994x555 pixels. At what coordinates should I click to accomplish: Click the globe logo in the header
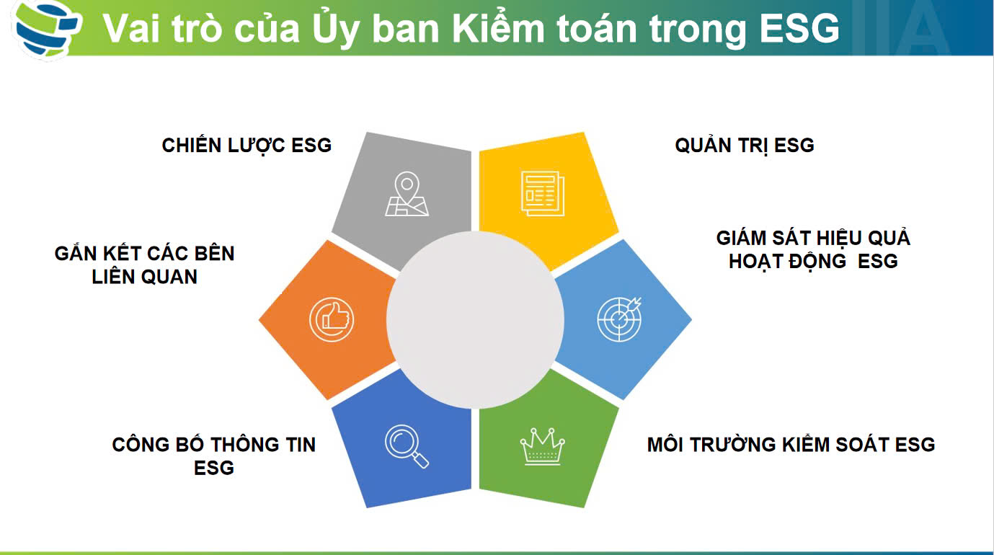[x=47, y=28]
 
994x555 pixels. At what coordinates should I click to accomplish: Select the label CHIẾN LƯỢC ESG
[x=247, y=145]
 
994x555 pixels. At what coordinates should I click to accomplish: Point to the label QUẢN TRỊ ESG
[x=744, y=145]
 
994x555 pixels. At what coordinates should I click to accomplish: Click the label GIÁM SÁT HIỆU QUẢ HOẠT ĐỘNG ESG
[x=813, y=249]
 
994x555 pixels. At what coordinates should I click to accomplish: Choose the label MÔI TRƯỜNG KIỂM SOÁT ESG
[x=791, y=444]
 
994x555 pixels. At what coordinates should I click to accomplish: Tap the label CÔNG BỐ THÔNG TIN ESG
[x=214, y=456]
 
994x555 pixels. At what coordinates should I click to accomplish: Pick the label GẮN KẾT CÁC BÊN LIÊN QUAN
[x=144, y=265]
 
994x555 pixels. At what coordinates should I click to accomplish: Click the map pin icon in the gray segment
[x=407, y=194]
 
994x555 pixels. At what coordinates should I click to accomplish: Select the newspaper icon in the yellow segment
[x=542, y=193]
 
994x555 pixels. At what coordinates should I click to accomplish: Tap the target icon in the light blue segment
[x=619, y=319]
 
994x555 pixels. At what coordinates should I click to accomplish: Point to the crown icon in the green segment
[x=542, y=446]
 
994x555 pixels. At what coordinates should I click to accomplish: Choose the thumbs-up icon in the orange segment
[x=332, y=319]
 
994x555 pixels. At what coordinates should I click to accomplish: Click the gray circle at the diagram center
[x=475, y=319]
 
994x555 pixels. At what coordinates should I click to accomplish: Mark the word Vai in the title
[x=131, y=28]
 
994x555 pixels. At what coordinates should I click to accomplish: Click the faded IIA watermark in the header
[x=901, y=27]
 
